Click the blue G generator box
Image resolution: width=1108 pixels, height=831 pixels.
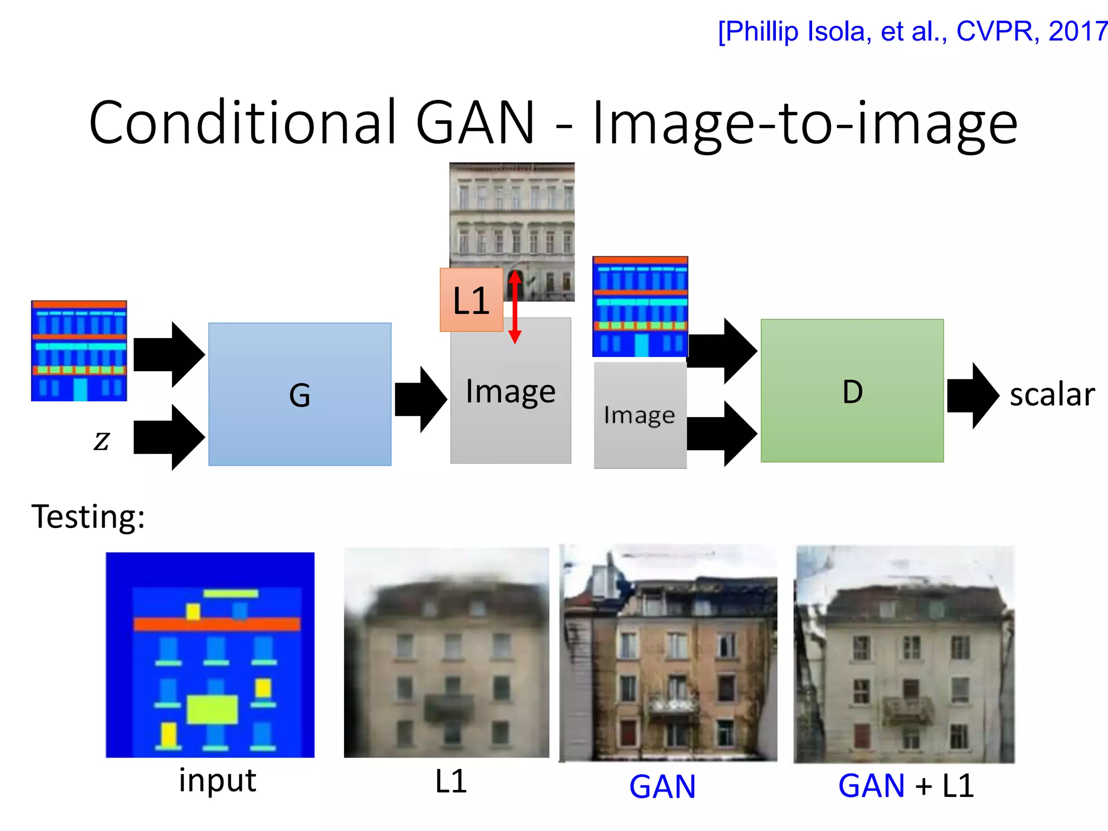300,394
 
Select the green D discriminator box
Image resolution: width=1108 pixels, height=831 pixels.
852,391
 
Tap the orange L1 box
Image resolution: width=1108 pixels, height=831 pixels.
471,300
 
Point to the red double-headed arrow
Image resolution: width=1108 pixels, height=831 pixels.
515,307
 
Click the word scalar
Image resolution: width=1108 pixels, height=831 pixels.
1052,394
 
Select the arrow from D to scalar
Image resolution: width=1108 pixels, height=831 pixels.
973,395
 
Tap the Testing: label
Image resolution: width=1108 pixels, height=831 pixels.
88,516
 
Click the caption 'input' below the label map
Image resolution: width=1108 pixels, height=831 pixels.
217,781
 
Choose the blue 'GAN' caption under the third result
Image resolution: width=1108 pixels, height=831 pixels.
662,786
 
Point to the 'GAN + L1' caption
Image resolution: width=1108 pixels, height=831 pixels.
906,786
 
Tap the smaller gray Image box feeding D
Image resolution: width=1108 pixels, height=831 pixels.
640,415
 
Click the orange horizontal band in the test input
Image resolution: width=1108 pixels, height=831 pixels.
216,624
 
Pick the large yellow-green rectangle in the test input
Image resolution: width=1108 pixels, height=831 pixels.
213,709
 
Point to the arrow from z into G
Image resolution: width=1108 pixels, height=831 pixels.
169,437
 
